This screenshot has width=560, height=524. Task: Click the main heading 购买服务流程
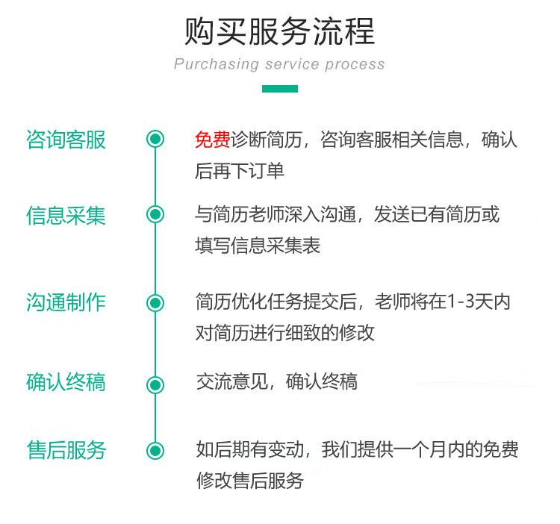click(x=279, y=31)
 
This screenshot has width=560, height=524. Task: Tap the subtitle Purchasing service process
click(x=279, y=64)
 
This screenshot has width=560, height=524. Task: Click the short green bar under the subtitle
click(x=279, y=89)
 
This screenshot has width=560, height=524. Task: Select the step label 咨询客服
click(x=66, y=140)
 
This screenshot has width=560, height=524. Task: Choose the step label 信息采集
click(x=66, y=215)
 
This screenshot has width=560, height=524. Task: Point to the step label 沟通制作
click(x=66, y=302)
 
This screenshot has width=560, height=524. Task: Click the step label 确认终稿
click(x=66, y=382)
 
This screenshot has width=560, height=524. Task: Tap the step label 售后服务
click(x=66, y=450)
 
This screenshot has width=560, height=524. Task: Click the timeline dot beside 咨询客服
click(x=155, y=139)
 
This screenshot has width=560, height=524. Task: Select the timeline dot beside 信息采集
click(x=155, y=215)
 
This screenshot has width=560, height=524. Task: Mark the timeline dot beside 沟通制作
click(x=155, y=302)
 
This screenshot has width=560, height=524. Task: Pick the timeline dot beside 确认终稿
click(x=155, y=384)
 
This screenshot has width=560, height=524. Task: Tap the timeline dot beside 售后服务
click(x=155, y=450)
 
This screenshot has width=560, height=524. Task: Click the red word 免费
click(x=213, y=140)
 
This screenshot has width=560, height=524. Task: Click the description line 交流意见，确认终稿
click(x=276, y=382)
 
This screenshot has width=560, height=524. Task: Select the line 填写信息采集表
click(x=258, y=246)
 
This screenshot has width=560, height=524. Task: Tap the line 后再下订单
click(x=240, y=171)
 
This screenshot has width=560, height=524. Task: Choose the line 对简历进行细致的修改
click(x=284, y=333)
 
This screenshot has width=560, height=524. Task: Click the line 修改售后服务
click(x=249, y=481)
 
